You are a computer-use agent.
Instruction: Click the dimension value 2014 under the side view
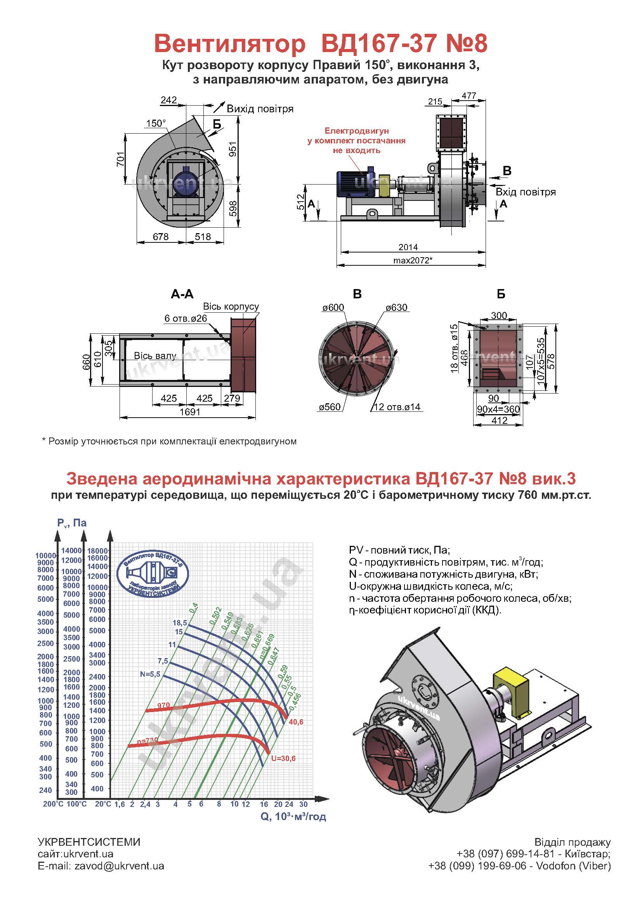pyautogui.click(x=408, y=247)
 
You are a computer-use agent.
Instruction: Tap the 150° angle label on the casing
pyautogui.click(x=156, y=124)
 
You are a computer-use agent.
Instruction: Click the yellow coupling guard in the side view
pyautogui.click(x=384, y=186)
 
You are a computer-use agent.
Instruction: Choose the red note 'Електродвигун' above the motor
pyautogui.click(x=357, y=131)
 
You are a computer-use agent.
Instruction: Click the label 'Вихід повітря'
pyautogui.click(x=260, y=109)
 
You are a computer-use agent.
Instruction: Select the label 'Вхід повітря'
pyautogui.click(x=526, y=192)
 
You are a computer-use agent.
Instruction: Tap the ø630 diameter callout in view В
pyautogui.click(x=397, y=307)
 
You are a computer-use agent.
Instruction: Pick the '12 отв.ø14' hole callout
pyautogui.click(x=397, y=407)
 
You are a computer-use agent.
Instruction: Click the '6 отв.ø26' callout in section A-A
pyautogui.click(x=186, y=318)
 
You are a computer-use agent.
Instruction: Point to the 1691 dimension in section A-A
pyautogui.click(x=190, y=412)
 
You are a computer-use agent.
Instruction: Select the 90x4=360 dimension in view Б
pyautogui.click(x=498, y=409)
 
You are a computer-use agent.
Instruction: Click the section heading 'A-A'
pyautogui.click(x=182, y=294)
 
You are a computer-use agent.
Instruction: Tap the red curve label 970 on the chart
pyautogui.click(x=163, y=705)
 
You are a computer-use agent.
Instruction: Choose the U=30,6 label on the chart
pyautogui.click(x=283, y=758)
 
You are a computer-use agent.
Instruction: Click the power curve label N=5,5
pyautogui.click(x=150, y=674)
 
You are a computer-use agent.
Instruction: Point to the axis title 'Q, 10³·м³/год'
pyautogui.click(x=293, y=816)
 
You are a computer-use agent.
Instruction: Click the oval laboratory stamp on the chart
pyautogui.click(x=153, y=572)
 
